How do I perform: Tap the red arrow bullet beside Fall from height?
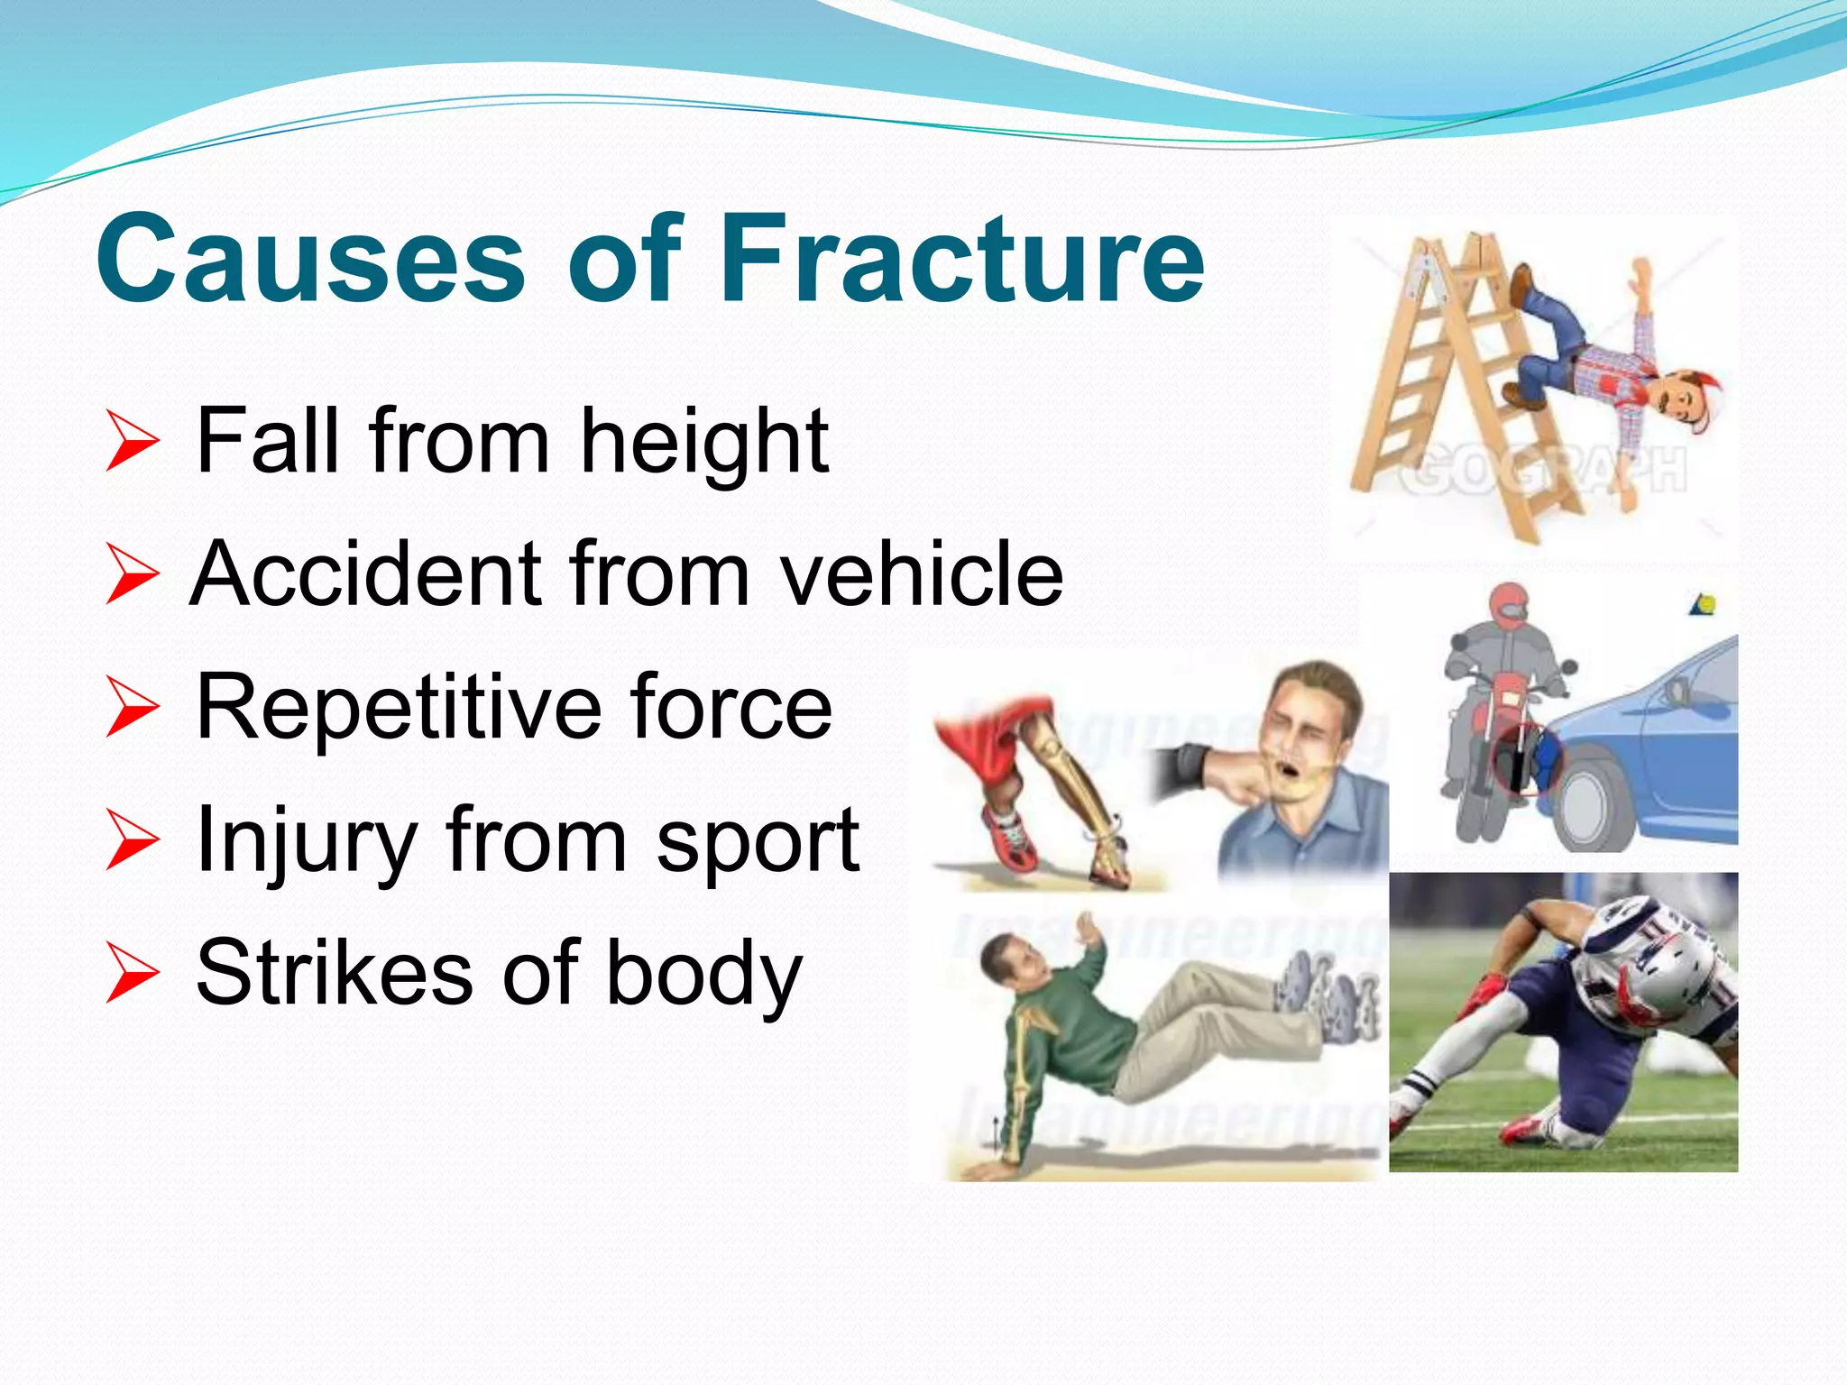click(x=132, y=441)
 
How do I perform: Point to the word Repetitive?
click(x=397, y=707)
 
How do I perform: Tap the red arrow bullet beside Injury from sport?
click(x=132, y=840)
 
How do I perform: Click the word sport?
click(x=758, y=842)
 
